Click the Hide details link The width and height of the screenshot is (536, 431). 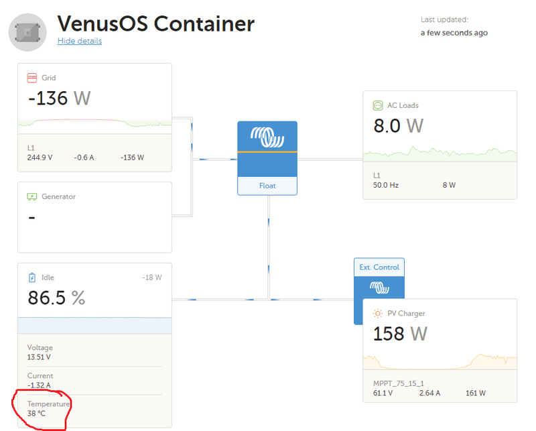[80, 41]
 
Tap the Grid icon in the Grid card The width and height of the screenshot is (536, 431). [31, 78]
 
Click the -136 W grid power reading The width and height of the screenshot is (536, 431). [59, 99]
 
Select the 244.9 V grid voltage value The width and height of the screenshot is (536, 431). [40, 158]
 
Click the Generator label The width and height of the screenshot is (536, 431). [58, 196]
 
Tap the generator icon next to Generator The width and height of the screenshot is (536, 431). [31, 196]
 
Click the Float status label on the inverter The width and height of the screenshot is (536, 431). [267, 186]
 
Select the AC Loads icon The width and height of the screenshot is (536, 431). [378, 105]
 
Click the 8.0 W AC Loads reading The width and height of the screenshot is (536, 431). [398, 125]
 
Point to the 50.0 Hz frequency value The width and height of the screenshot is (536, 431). [386, 185]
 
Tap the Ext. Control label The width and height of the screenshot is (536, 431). [379, 267]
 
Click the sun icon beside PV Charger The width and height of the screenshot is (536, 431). [378, 313]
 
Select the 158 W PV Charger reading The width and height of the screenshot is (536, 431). [400, 333]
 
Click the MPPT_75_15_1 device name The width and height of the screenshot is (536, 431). [399, 383]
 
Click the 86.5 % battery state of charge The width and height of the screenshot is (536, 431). [56, 298]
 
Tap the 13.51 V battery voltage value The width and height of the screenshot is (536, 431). [40, 357]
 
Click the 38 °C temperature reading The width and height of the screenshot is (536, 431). [36, 414]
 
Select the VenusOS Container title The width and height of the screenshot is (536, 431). [155, 24]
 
